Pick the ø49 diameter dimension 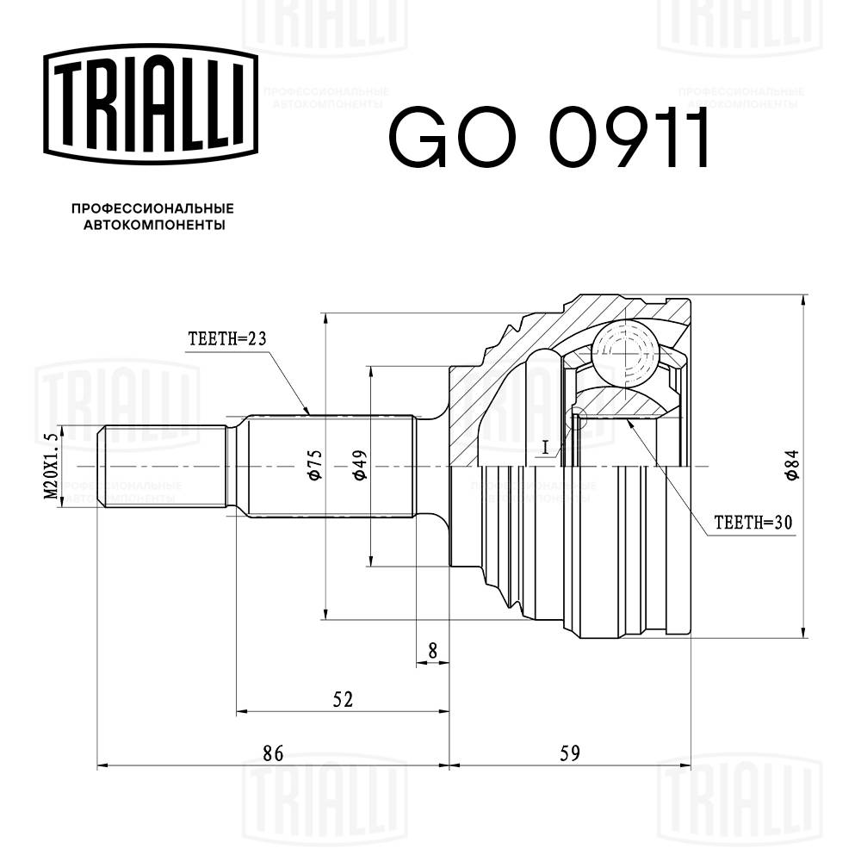[x=359, y=465]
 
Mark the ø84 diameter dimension [x=791, y=465]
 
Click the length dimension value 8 [x=432, y=651]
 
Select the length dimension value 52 [x=343, y=699]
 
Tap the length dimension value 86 [x=273, y=753]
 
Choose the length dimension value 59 [x=570, y=753]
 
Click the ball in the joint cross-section [x=624, y=352]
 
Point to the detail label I [x=545, y=447]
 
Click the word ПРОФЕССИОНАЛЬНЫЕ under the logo [x=152, y=209]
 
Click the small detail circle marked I [x=578, y=418]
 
